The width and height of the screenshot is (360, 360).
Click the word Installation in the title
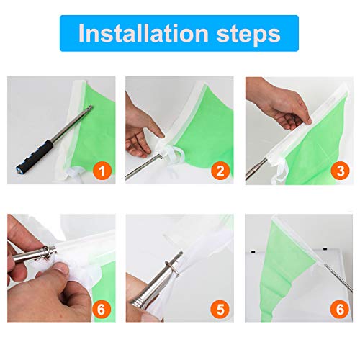(x=143, y=33)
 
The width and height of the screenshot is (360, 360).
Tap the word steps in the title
(x=248, y=35)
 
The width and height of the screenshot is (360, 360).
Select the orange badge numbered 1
(x=102, y=171)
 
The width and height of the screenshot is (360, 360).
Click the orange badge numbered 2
(x=220, y=171)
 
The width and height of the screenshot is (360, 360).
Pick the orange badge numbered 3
(x=341, y=171)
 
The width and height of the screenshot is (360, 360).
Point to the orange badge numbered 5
(x=220, y=309)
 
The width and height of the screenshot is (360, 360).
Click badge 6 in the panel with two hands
(x=101, y=310)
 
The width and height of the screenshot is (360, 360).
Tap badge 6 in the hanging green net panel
(x=340, y=309)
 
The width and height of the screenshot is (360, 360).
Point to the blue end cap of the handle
(x=19, y=168)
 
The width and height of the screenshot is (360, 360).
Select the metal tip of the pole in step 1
(x=90, y=107)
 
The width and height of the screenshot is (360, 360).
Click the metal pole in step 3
(x=256, y=169)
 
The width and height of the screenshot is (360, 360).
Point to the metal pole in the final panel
(x=338, y=278)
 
